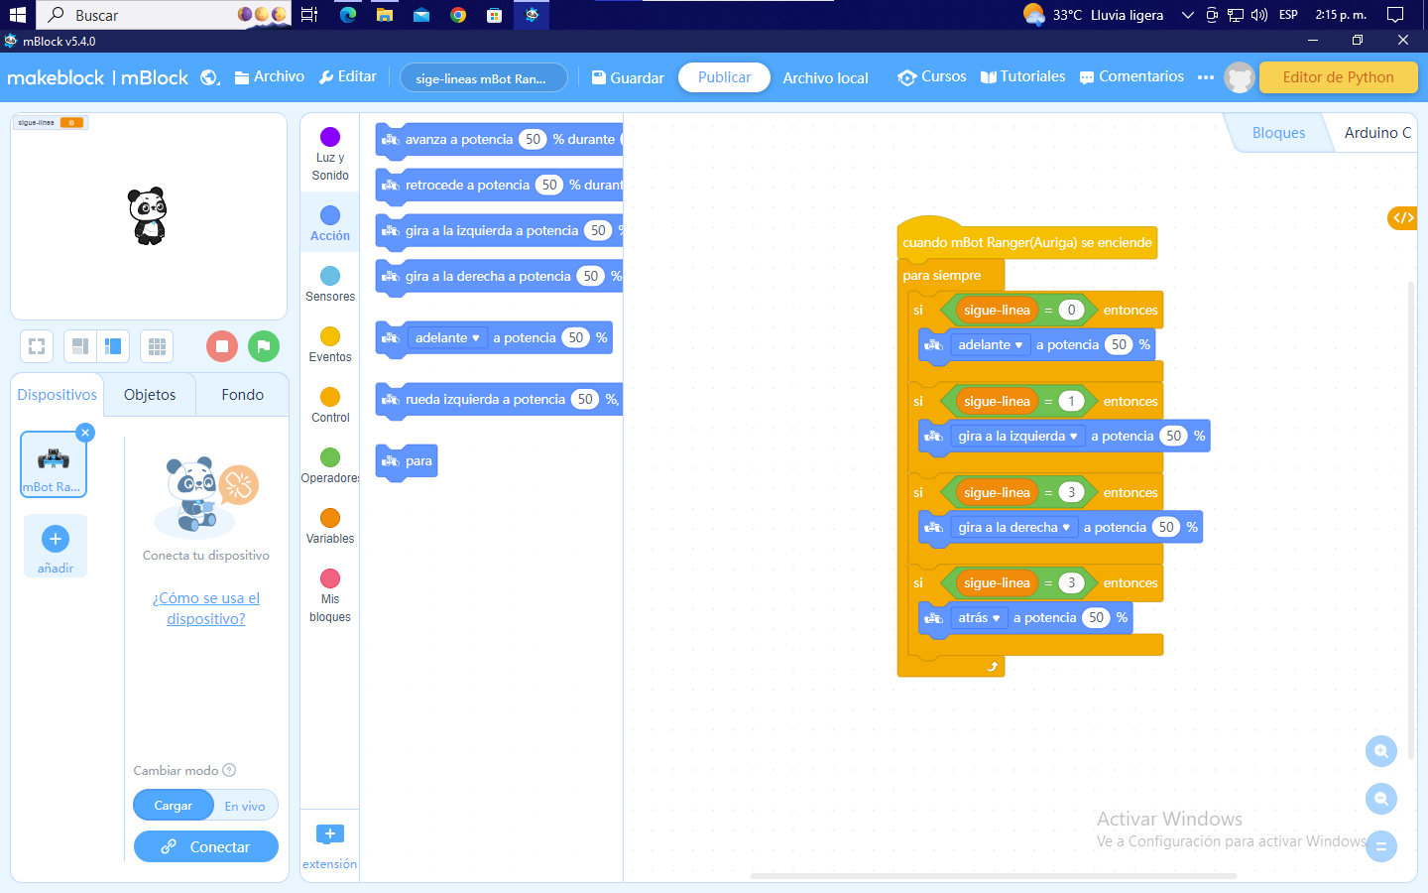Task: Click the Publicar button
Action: coord(724,77)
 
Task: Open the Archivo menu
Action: coord(269,76)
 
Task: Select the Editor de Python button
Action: coord(1338,77)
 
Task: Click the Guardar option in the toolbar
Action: coord(628,77)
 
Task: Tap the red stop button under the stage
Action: coord(222,346)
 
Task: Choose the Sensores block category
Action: coord(330,284)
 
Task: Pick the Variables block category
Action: coord(330,526)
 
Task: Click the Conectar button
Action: coord(206,846)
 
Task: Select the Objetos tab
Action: coord(150,395)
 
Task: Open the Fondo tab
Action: coord(242,395)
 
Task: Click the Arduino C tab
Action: coord(1376,133)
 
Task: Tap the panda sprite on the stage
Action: coord(149,215)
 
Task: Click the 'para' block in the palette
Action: coord(408,461)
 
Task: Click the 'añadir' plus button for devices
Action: coord(56,540)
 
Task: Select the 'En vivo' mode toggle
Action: coord(245,806)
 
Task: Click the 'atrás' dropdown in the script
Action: coord(978,618)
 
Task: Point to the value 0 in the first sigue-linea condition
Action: coord(1071,311)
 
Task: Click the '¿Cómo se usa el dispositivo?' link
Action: coord(206,608)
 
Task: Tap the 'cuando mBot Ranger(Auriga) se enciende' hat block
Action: coord(1026,243)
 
